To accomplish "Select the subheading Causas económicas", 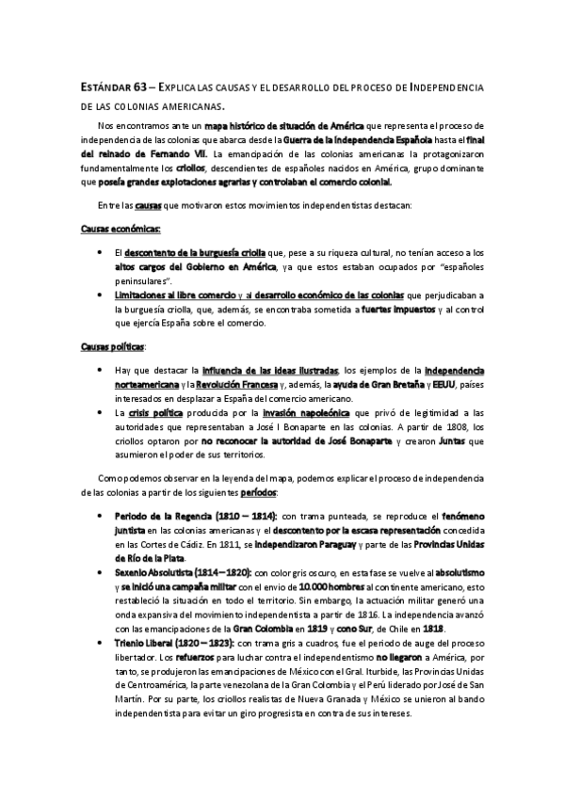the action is [x=119, y=228].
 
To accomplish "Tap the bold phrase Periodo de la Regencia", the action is [x=162, y=517].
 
